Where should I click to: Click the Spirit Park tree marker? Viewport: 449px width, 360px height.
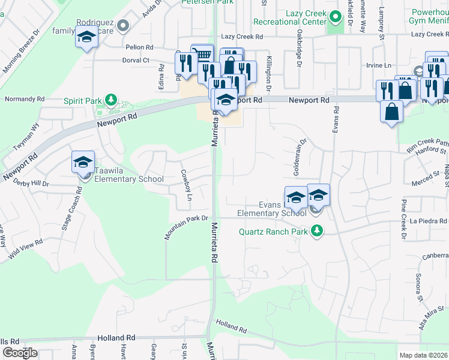tap(110, 99)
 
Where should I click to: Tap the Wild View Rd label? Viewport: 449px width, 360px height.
tap(26, 250)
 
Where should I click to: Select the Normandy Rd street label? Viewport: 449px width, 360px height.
tap(25, 98)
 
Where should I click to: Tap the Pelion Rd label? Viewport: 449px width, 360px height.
tap(139, 47)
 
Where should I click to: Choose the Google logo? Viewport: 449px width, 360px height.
tap(20, 353)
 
